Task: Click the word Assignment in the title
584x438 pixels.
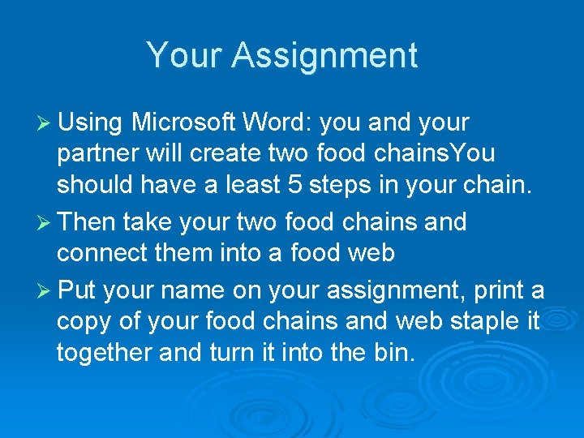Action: [x=324, y=56]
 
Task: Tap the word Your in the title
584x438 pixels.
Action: [x=183, y=56]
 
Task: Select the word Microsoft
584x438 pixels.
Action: [x=182, y=122]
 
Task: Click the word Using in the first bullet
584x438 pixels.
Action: [x=90, y=122]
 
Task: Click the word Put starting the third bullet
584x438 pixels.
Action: [x=79, y=290]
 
